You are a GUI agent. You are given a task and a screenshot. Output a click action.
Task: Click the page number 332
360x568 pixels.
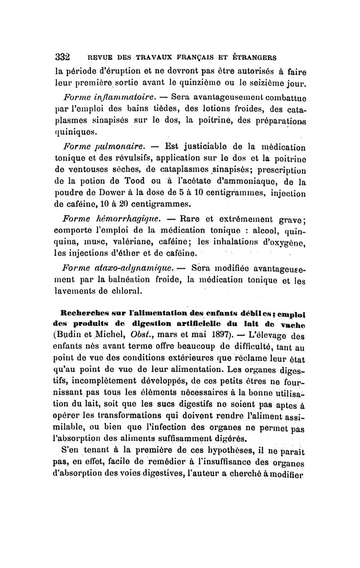pyautogui.click(x=62, y=57)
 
